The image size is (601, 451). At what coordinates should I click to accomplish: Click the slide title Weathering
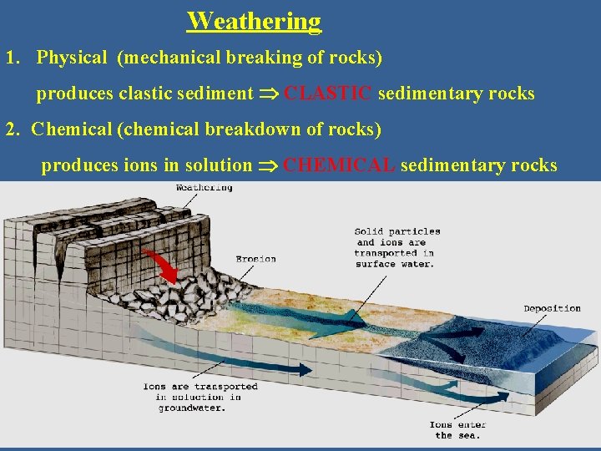coord(254,21)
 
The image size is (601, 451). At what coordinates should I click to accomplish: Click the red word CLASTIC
coord(327,94)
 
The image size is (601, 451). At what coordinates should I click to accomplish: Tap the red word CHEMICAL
coord(339,165)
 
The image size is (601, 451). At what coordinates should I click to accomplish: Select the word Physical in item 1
coord(72,58)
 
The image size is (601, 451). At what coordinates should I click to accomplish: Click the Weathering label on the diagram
coord(204,188)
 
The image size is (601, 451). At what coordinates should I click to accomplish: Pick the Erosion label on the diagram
coord(255,259)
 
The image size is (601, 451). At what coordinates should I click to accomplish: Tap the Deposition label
coord(552,308)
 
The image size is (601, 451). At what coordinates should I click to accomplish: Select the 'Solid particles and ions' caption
coord(396,247)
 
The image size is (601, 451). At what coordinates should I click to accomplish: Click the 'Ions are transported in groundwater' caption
coord(200,398)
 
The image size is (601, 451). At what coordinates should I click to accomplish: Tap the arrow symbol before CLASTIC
coord(269,94)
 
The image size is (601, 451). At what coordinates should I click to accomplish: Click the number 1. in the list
coord(13,58)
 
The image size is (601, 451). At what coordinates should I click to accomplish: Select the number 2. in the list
coord(13,130)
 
